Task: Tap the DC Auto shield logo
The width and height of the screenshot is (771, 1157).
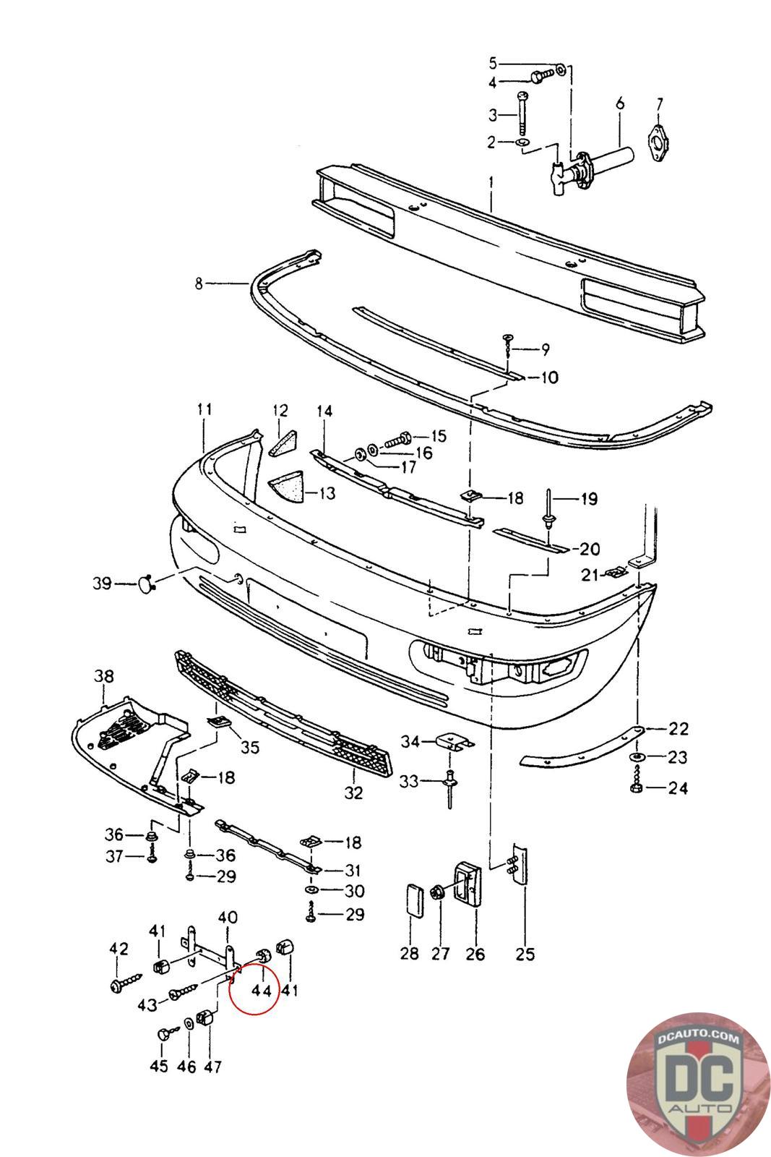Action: coord(698,1085)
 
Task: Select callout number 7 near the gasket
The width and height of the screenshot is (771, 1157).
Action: coord(659,104)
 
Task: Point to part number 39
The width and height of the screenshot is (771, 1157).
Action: coord(102,583)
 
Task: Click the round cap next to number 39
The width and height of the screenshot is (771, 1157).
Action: coord(145,584)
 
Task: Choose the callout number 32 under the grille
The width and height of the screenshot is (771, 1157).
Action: coord(353,793)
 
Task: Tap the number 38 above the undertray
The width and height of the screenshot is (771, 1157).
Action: coord(104,676)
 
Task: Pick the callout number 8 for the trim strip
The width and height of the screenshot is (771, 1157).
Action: coord(199,283)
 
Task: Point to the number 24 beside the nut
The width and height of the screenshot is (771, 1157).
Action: coord(678,788)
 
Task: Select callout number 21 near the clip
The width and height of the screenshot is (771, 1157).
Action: coord(590,575)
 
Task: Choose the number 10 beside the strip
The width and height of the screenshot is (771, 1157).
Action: coord(550,377)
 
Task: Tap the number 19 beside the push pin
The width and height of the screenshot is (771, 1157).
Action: coord(589,499)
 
